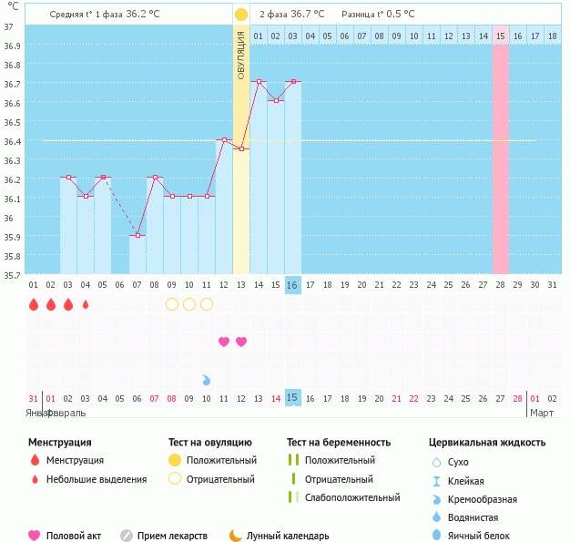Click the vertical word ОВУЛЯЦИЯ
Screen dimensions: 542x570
coord(240,55)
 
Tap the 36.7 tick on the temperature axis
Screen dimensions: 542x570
coord(8,84)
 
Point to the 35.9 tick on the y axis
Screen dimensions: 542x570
coord(8,237)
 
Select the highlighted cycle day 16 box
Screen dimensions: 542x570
coord(292,285)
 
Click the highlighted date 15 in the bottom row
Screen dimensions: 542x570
coord(292,398)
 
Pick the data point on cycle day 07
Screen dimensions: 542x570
coord(137,236)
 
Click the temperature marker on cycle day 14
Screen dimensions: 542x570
coord(259,82)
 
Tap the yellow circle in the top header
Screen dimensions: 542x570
coord(240,15)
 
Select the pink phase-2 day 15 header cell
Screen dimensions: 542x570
coord(501,36)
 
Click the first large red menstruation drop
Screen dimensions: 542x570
coord(34,304)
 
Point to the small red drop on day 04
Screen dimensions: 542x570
coord(86,304)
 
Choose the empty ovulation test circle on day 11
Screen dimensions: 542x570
coord(207,304)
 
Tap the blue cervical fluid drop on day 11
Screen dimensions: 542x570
coord(207,379)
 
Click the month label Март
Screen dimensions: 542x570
coord(543,413)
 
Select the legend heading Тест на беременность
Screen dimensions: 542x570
coord(338,443)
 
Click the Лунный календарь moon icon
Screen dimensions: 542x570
coord(236,536)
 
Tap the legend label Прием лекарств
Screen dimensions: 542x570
coord(172,537)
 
